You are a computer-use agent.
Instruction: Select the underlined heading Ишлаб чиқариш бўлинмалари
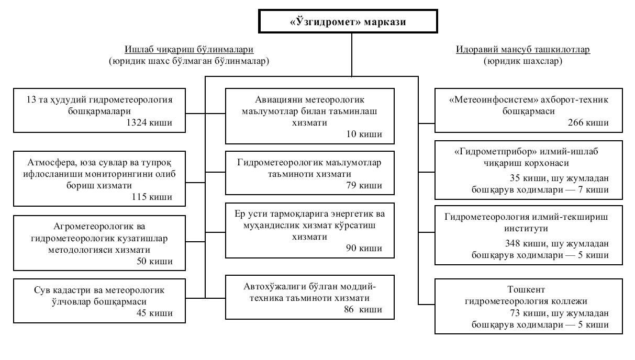[x=189, y=50]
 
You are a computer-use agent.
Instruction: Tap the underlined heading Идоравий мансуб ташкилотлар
[x=523, y=50]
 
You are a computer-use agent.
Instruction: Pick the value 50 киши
[x=154, y=261]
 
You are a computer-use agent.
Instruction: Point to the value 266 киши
[x=588, y=122]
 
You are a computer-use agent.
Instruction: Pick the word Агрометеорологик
[x=92, y=227]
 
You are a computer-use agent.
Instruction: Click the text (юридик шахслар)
[x=523, y=61]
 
